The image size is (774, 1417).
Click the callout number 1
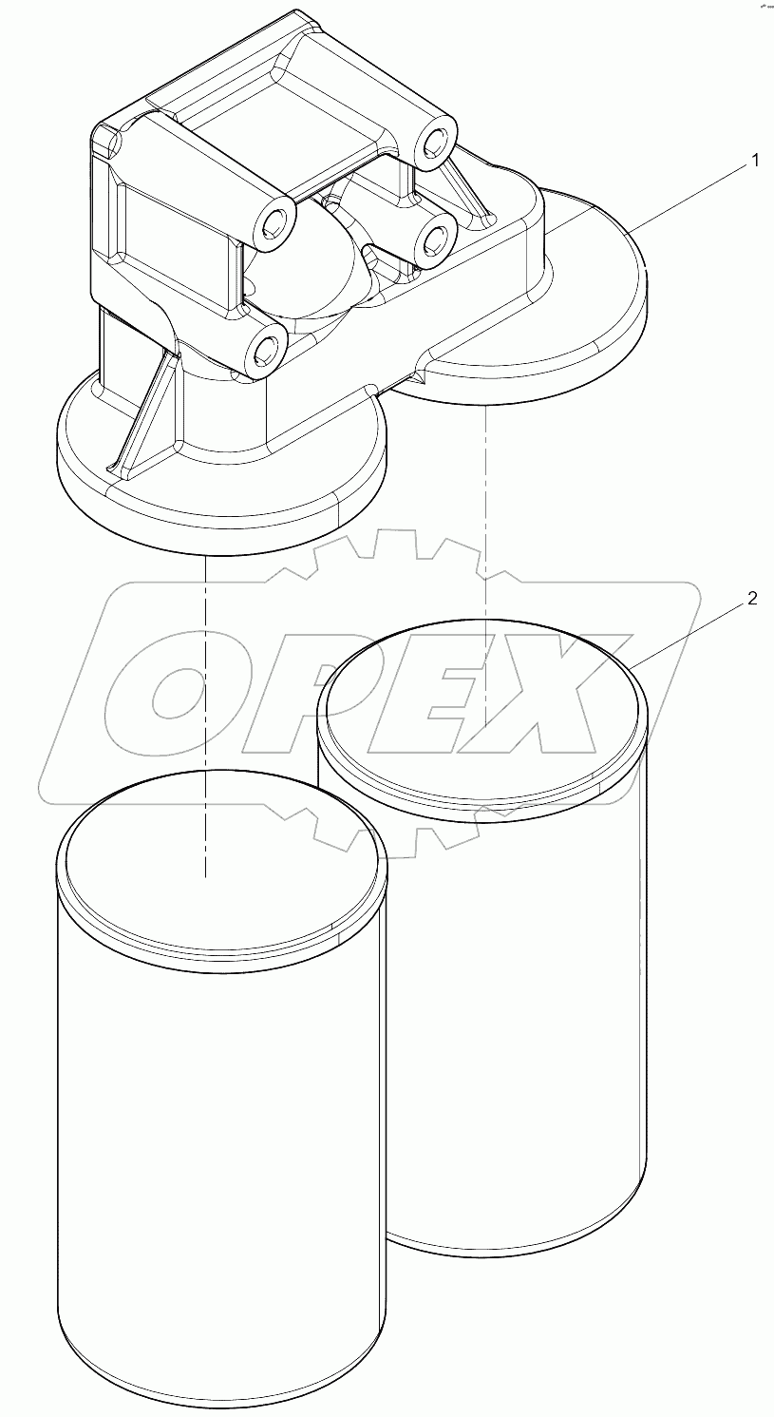(x=755, y=162)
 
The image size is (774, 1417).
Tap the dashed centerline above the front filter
(x=205, y=665)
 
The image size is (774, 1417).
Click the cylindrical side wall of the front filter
(x=220, y=1140)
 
